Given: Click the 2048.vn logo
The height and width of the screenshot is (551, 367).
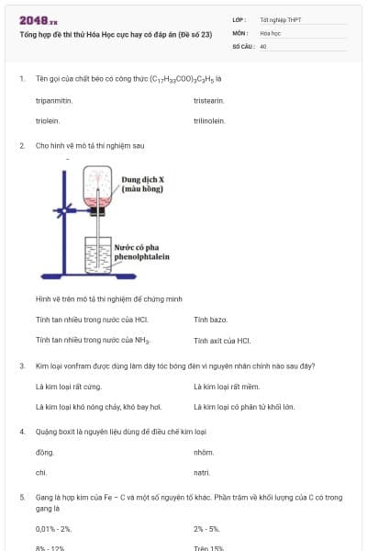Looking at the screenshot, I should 38,19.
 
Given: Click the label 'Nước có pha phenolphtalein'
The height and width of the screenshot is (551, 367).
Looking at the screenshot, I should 141,253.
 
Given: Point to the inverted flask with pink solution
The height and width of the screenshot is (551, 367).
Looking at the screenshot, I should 97,188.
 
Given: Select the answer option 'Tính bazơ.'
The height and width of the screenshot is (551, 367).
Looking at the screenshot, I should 210,320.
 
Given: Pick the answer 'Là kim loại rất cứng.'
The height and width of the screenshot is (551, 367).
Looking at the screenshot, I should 65,386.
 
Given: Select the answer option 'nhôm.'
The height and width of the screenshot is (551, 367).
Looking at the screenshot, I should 204,452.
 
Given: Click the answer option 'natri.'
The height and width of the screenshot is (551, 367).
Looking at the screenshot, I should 203,472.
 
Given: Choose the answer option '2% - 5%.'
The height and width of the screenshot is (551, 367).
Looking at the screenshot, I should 206,529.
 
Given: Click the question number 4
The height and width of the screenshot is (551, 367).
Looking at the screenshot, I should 21,431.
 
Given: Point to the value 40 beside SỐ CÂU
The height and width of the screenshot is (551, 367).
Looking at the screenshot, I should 263,45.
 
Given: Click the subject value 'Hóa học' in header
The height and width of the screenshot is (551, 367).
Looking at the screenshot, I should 270,32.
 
